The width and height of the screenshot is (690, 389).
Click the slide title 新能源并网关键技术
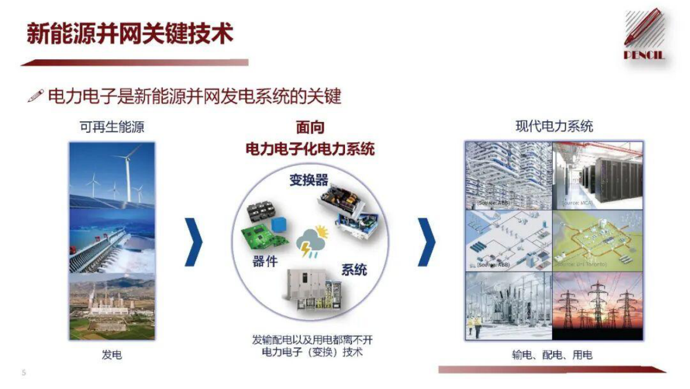coord(130,34)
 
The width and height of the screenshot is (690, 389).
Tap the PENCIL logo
coord(644,35)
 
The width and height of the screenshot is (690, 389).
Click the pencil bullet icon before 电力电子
coord(35,96)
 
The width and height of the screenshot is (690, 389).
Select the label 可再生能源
coord(112,127)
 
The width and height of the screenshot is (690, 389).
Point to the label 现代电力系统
coord(554,126)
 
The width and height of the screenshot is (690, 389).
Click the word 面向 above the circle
coord(310,128)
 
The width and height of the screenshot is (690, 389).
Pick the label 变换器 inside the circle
coord(308,179)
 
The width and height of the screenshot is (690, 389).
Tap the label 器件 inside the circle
coord(265,261)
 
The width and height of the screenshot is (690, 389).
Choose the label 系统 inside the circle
coord(354,269)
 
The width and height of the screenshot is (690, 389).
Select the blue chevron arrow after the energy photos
coord(194,242)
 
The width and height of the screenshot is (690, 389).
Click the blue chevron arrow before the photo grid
coord(426,242)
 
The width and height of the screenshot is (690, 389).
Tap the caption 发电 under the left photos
coord(112,355)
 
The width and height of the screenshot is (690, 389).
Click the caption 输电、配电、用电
coord(552,355)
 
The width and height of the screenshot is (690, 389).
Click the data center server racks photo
coord(598,175)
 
